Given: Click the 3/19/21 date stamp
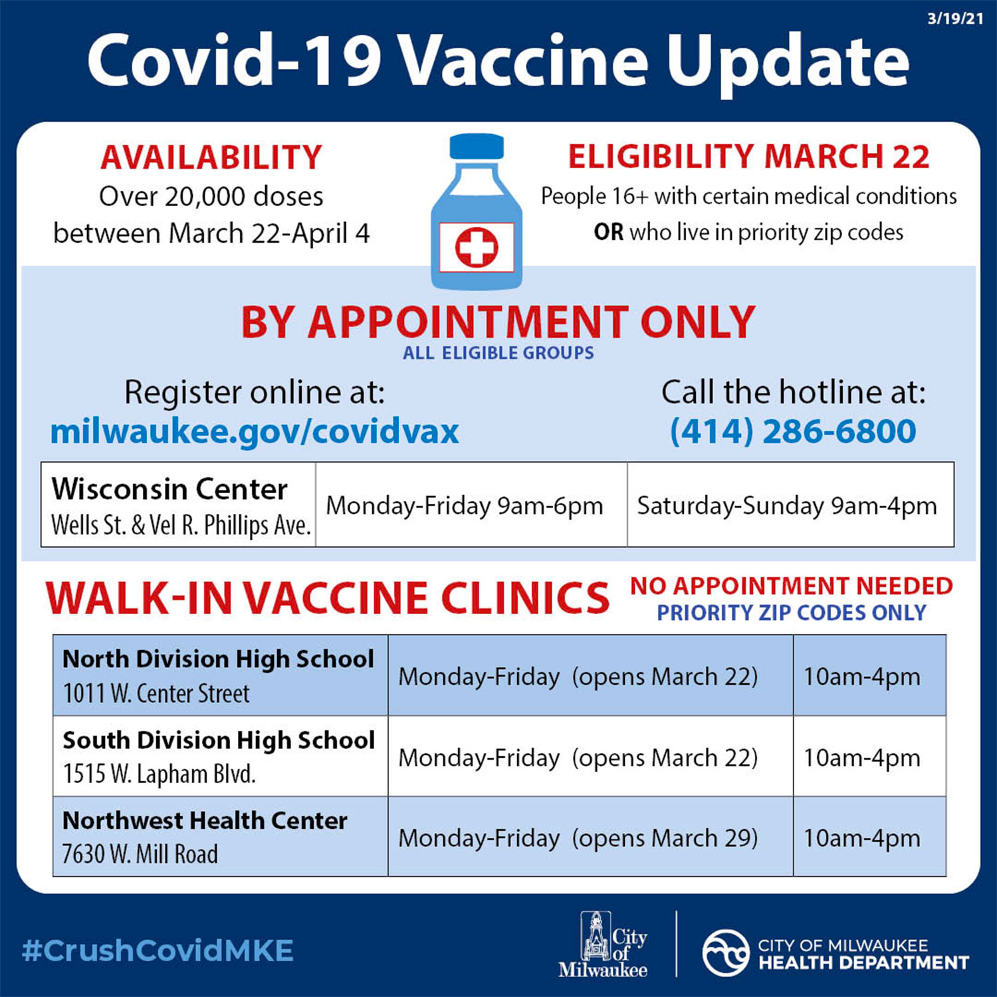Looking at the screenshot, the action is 955,19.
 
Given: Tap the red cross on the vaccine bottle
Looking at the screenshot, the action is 477,247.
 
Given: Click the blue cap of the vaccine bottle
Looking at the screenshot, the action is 477,146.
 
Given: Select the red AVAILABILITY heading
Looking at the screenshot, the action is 211,158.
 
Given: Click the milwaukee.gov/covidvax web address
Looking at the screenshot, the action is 255,431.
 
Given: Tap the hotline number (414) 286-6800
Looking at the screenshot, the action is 793,431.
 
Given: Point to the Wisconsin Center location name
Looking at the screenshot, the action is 169,489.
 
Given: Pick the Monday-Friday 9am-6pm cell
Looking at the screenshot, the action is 465,506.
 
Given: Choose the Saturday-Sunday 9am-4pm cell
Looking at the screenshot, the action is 790,506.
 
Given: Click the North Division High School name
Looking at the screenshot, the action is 218,659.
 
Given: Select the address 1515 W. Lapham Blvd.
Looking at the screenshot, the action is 160,774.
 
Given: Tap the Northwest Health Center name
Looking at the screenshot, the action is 205,821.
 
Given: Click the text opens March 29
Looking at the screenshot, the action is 665,838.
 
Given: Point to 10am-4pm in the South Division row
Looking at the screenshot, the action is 862,758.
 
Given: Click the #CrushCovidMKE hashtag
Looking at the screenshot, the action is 158,951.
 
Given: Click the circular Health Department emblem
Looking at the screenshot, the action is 726,953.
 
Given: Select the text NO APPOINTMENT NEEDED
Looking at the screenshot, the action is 792,586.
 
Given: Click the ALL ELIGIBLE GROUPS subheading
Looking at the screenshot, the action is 498,353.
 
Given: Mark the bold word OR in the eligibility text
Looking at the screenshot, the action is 609,232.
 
